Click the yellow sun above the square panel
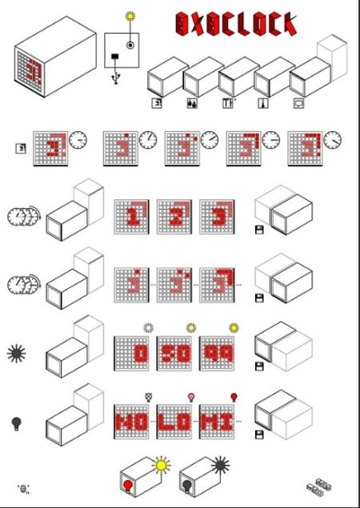pos(130,15)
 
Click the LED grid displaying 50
pos(178,353)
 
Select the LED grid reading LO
pos(178,421)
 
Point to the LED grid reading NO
pos(134,421)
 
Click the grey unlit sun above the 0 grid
pos(146,327)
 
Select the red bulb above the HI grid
pos(234,396)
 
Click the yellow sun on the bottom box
pos(162,464)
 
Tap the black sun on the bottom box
pos(221,463)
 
